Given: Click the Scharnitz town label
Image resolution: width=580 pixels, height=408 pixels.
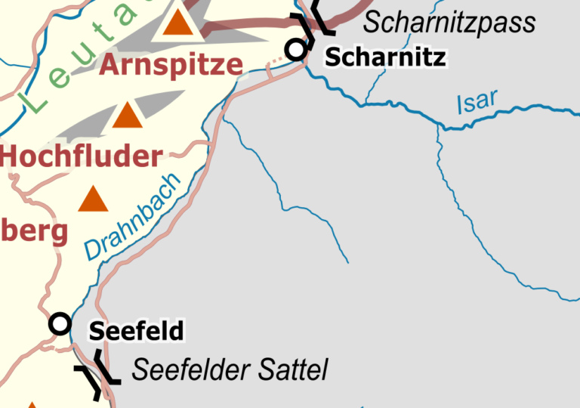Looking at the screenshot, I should [x=385, y=57].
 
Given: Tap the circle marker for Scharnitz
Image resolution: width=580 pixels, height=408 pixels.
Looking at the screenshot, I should [x=295, y=50].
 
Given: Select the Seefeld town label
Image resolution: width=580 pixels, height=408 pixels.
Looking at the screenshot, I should [x=136, y=331].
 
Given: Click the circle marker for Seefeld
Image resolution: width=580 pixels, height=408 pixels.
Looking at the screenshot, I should [x=60, y=324].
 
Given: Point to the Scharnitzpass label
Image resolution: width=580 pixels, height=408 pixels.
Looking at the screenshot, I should [x=449, y=23].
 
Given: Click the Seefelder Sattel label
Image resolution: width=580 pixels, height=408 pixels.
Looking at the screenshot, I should [x=230, y=370].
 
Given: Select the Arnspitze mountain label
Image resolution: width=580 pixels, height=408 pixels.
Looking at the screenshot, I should [x=171, y=66].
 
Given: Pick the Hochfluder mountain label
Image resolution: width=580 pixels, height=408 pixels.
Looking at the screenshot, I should [x=82, y=156].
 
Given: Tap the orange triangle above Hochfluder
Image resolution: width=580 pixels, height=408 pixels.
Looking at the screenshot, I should [x=127, y=116].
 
